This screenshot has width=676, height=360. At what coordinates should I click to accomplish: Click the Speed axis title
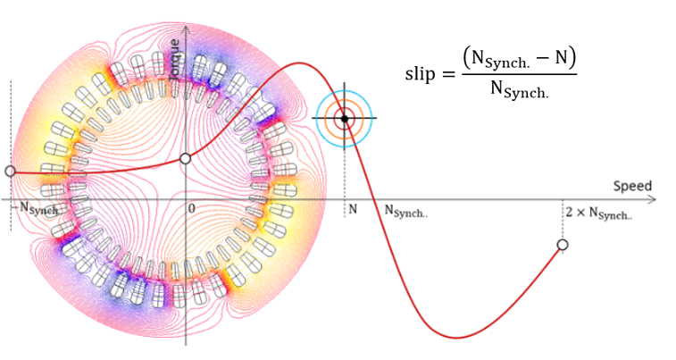coord(632,186)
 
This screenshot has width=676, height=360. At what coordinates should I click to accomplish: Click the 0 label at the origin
coord(191,208)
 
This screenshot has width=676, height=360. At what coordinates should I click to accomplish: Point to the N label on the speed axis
coord(353,209)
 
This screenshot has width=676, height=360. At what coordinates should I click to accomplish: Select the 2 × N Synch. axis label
coord(598,213)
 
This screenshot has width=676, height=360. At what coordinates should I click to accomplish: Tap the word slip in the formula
coord(423,75)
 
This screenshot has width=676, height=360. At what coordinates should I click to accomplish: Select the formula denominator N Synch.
coord(519,90)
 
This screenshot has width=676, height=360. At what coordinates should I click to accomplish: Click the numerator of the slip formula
coord(519,60)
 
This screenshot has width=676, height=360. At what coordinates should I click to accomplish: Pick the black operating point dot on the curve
coord(345,118)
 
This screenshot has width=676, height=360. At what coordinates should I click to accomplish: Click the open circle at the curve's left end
coord(10,171)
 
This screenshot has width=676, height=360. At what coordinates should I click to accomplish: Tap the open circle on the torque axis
coord(186,158)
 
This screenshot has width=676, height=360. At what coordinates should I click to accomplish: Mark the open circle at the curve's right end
coord(563,245)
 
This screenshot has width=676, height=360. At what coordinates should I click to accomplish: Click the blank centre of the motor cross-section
coord(186,192)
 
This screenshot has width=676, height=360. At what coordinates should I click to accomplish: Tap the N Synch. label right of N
coord(405,211)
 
